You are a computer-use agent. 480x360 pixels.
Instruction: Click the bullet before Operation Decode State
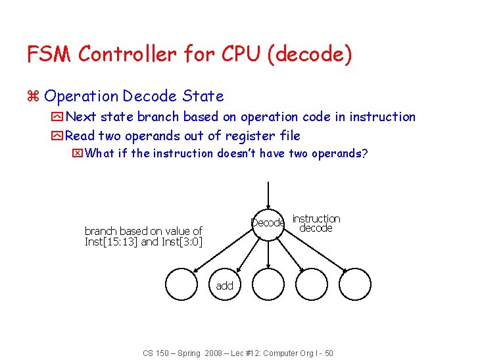click(34, 97)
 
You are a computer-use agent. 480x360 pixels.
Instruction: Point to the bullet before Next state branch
click(57, 117)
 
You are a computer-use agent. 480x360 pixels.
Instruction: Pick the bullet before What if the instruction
click(78, 154)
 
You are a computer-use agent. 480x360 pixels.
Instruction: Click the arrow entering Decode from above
click(268, 194)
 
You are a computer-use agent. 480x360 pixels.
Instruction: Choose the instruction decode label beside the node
click(316, 223)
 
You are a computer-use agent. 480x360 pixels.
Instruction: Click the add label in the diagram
click(224, 285)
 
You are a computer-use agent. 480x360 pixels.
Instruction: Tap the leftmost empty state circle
click(182, 285)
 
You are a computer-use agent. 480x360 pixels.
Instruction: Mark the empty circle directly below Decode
click(268, 285)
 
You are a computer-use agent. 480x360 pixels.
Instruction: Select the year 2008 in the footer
click(213, 353)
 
